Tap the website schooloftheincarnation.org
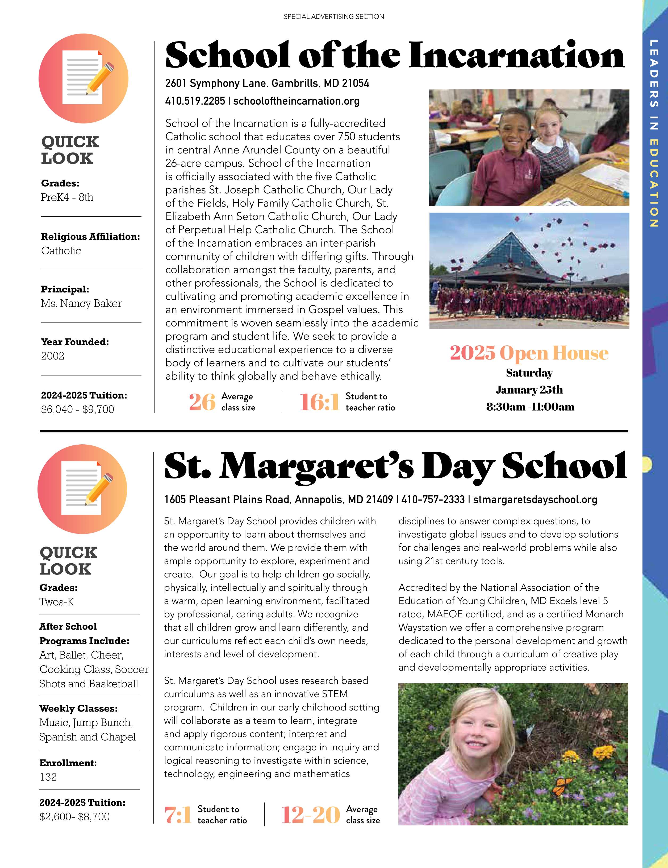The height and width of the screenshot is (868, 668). point(296,101)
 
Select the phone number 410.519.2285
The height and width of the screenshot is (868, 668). point(195,101)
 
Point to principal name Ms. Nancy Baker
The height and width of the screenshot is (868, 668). point(81,304)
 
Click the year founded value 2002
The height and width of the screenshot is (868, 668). point(52,356)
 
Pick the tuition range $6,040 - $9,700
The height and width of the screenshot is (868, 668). point(77,409)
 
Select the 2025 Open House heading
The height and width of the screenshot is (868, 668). point(529,353)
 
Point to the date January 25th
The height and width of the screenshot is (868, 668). point(529,390)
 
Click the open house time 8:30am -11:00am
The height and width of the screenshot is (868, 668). point(530,407)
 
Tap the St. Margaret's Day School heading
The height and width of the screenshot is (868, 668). point(395,466)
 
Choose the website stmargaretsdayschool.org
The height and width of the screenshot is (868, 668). point(535,499)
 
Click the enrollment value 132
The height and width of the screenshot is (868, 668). point(48,777)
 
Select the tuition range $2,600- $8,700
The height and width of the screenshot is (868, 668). point(74,817)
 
